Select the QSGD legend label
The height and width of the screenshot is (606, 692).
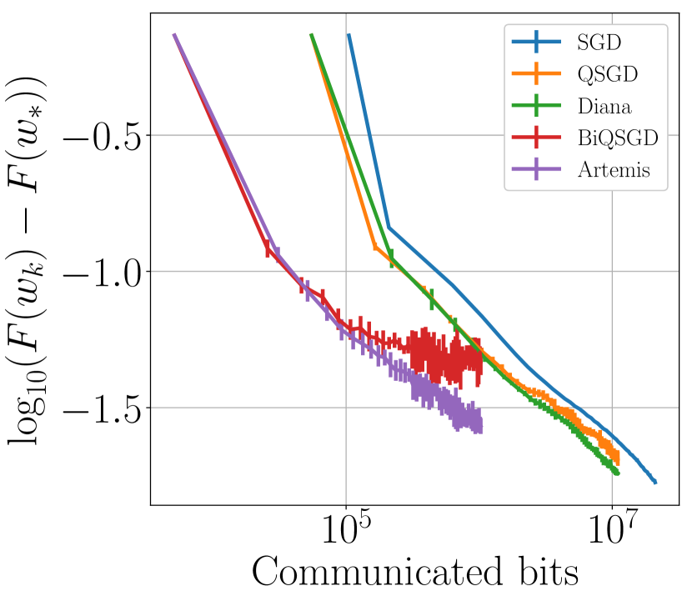[607, 73]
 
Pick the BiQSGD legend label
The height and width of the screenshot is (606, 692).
[617, 138]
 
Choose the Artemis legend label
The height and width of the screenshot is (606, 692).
[613, 171]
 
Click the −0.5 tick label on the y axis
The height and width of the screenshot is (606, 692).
[104, 136]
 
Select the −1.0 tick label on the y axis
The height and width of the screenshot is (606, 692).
[104, 272]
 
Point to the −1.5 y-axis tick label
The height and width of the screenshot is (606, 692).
[104, 408]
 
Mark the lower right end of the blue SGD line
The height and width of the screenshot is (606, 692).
[655, 482]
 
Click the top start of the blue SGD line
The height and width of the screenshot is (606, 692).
[349, 35]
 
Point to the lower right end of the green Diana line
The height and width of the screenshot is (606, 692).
[617, 473]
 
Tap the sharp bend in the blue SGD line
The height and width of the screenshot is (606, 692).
[389, 227]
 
